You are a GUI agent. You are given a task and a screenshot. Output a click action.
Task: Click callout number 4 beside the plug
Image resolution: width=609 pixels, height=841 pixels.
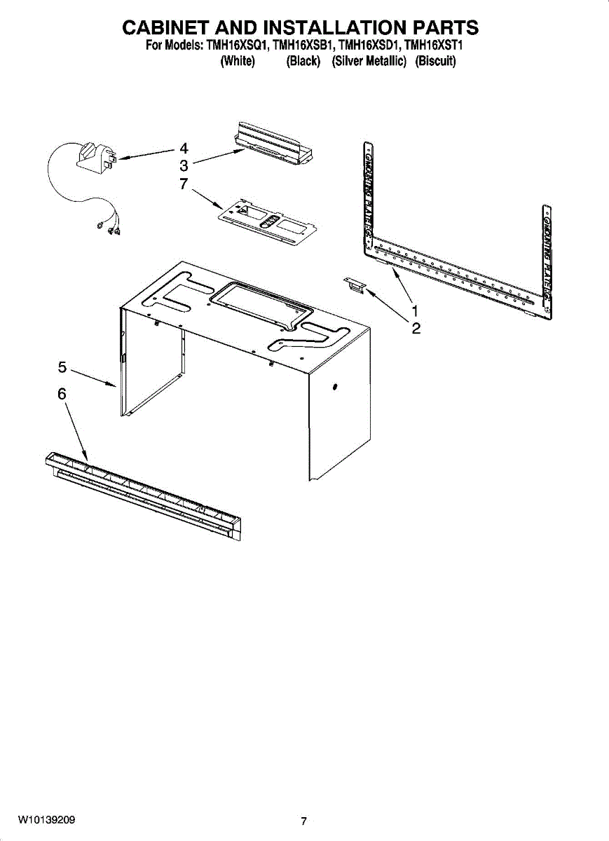coord(184,149)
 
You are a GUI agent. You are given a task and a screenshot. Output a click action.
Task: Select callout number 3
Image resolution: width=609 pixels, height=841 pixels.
coord(184,166)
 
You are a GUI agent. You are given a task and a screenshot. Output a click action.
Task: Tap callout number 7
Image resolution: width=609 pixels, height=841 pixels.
coord(184,184)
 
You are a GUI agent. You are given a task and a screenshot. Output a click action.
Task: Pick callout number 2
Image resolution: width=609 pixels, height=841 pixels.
coord(416,329)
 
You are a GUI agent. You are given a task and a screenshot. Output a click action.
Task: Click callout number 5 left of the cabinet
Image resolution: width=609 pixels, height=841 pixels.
coord(62,367)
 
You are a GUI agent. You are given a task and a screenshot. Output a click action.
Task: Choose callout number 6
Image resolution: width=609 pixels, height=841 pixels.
coord(62,395)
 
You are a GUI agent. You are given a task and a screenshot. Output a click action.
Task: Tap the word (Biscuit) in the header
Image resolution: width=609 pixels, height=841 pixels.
coord(435,62)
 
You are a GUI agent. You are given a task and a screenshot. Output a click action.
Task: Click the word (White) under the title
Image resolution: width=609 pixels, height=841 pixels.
coord(237,62)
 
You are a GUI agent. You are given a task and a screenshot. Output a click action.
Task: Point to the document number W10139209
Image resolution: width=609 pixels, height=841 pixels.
coord(47,819)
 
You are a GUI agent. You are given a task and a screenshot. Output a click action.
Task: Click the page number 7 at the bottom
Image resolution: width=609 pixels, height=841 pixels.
coord(303,821)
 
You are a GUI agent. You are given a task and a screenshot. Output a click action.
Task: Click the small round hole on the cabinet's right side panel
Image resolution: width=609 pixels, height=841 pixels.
coord(334,388)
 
